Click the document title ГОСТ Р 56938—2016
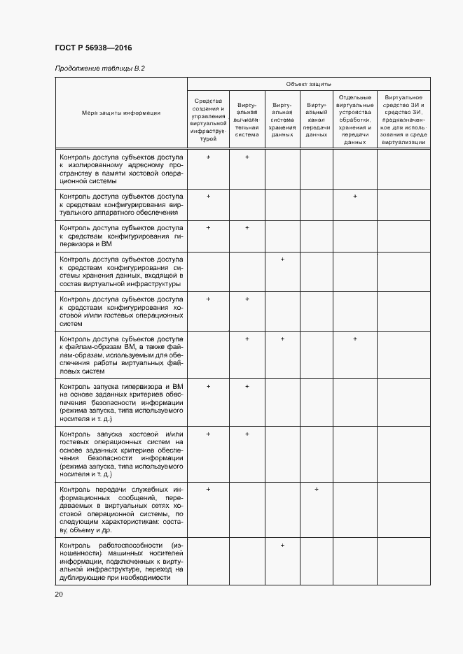(93, 48)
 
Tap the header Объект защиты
(308, 83)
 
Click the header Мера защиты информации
(121, 113)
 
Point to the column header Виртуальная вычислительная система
(247, 119)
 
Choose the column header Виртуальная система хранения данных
(282, 119)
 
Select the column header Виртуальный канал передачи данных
(317, 120)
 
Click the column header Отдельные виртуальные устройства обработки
(355, 120)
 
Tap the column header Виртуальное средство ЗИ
(403, 120)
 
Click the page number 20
(59, 594)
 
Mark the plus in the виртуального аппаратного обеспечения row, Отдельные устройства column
(355, 196)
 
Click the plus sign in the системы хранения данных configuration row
(282, 260)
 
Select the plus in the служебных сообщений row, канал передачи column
(317, 489)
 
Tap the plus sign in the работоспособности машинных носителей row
(282, 544)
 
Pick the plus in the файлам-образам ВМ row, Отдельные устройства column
(355, 339)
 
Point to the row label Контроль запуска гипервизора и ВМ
(121, 402)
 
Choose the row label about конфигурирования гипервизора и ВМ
(121, 236)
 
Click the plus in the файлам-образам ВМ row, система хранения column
(282, 339)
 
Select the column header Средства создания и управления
(209, 120)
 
